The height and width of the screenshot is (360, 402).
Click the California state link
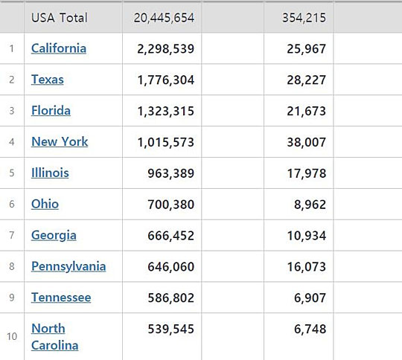point(59,48)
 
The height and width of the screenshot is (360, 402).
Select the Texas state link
point(48,80)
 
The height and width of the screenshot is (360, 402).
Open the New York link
point(60,141)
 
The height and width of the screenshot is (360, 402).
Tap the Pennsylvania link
point(68,266)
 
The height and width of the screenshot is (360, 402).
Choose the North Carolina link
point(55,337)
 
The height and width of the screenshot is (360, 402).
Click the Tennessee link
point(61,298)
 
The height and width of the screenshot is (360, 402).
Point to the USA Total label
point(60,18)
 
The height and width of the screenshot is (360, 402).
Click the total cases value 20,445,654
point(164,18)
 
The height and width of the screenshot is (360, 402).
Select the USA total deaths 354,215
point(304,18)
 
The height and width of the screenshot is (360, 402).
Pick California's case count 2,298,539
point(165,49)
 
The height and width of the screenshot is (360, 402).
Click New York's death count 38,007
point(307,142)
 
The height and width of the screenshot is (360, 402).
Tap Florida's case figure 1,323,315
point(165,112)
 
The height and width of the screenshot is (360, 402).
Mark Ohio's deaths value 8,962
point(310,205)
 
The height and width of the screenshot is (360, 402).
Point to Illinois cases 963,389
point(170,173)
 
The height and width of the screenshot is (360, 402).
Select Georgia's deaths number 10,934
point(307,236)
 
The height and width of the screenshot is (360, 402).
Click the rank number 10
point(12,336)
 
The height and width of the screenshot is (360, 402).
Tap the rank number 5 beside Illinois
point(12,173)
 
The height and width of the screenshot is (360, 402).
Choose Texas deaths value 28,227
point(307,80)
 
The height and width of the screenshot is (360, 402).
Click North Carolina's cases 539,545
point(170,329)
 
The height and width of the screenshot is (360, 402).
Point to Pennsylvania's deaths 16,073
point(307,267)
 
